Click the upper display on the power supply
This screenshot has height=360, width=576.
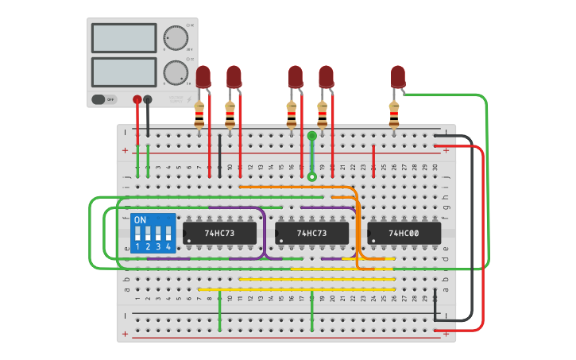[124, 37]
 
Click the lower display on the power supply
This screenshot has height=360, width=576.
[124, 72]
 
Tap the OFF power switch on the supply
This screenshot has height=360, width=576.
[99, 99]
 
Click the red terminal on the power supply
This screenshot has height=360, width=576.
[137, 99]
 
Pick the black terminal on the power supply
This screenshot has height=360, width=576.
[148, 99]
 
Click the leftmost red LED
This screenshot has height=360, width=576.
[203, 76]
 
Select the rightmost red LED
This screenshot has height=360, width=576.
[397, 76]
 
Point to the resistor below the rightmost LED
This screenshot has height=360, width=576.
[393, 114]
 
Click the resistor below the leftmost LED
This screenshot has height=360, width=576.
[199, 114]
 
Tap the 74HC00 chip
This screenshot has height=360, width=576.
[404, 233]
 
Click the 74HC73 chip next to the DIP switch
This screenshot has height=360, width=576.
[219, 233]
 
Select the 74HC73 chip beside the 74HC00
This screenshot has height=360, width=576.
[311, 233]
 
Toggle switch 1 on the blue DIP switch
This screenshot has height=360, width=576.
[137, 234]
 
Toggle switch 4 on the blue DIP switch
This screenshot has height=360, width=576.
[168, 234]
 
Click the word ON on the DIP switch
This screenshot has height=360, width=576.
[140, 219]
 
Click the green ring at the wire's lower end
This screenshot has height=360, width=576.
[312, 176]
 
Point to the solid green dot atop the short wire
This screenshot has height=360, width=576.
[312, 136]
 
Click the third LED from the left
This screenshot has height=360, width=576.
[296, 76]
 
